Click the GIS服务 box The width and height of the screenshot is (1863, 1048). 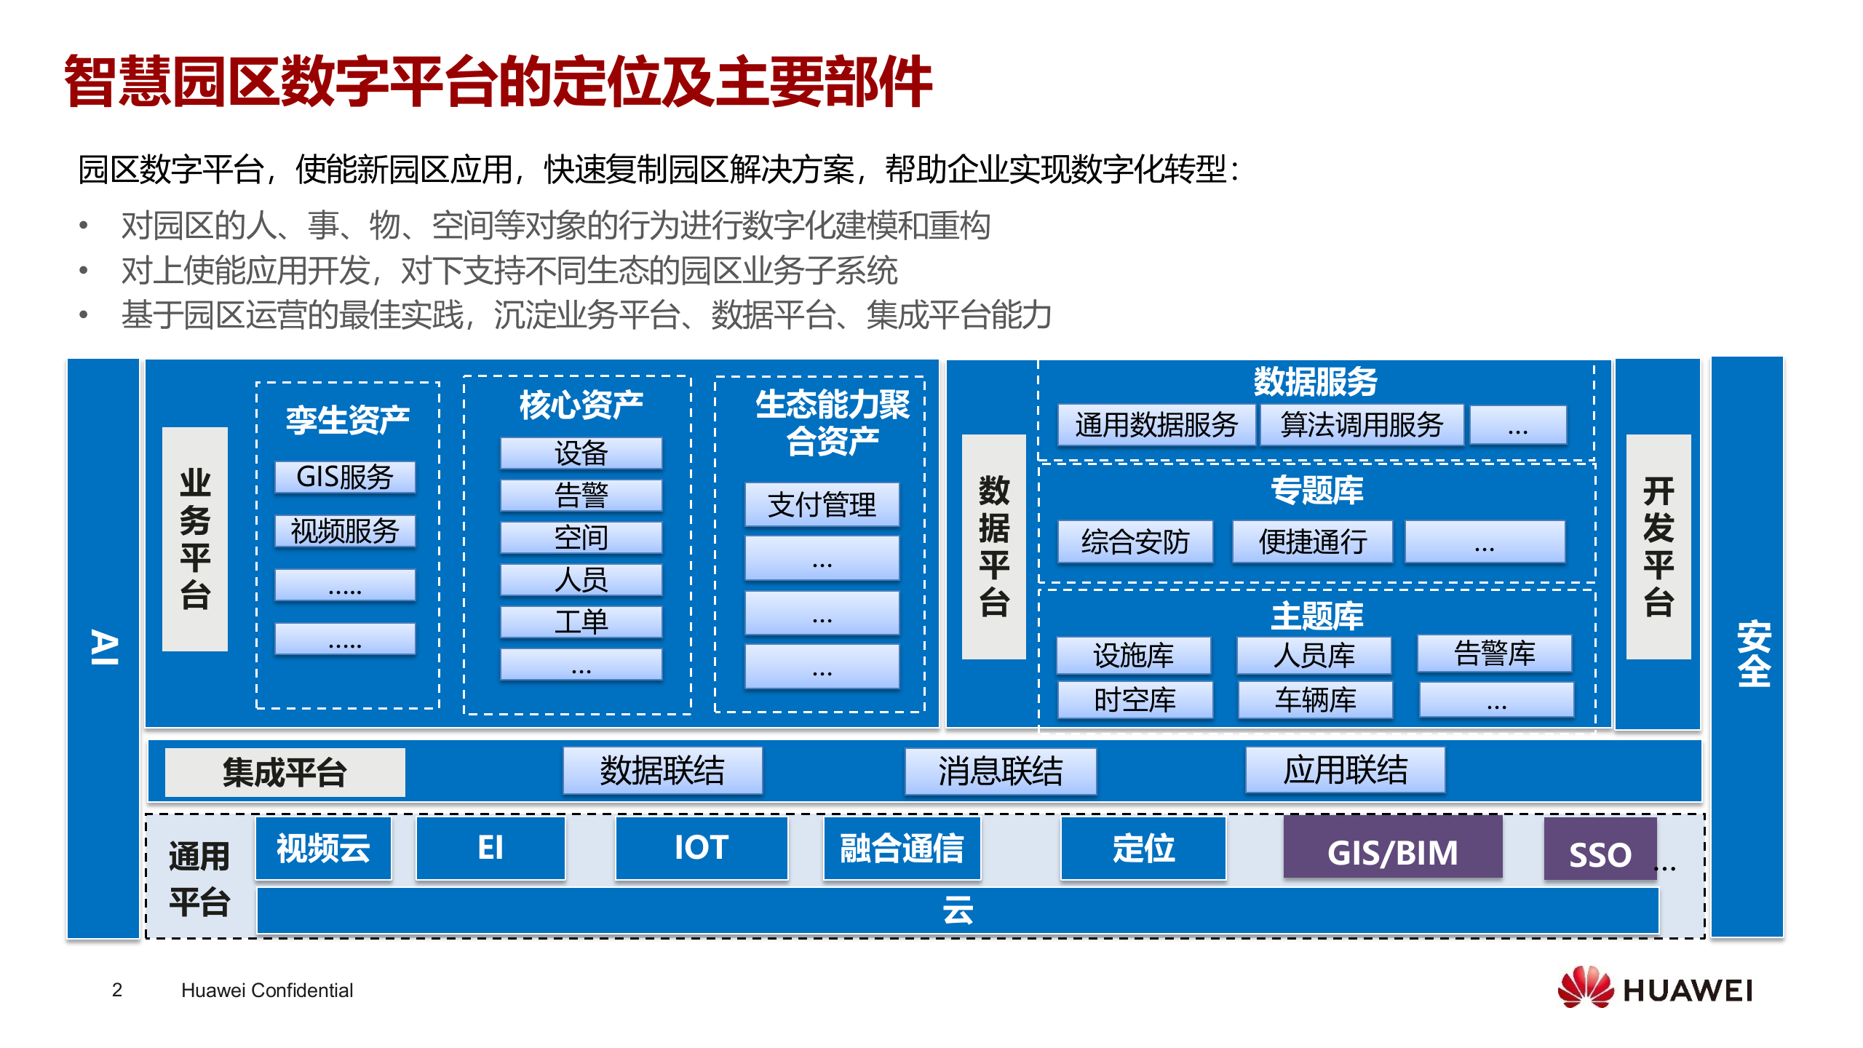[x=345, y=477]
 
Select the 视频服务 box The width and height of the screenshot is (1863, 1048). [x=345, y=531]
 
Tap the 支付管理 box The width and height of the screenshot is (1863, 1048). [x=822, y=504]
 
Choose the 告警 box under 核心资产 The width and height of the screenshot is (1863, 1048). [x=581, y=496]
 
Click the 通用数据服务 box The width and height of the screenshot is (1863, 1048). [x=1156, y=425]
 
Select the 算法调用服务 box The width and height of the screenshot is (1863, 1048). [x=1362, y=425]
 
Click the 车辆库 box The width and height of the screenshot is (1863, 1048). [x=1316, y=700]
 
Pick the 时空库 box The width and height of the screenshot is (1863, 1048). [x=1135, y=700]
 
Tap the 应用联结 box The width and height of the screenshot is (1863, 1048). [x=1345, y=770]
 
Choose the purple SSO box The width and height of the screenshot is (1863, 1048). [x=1600, y=850]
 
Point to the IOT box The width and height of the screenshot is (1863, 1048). [x=702, y=849]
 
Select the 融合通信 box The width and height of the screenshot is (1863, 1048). [x=902, y=849]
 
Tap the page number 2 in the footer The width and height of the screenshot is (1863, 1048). [x=117, y=990]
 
